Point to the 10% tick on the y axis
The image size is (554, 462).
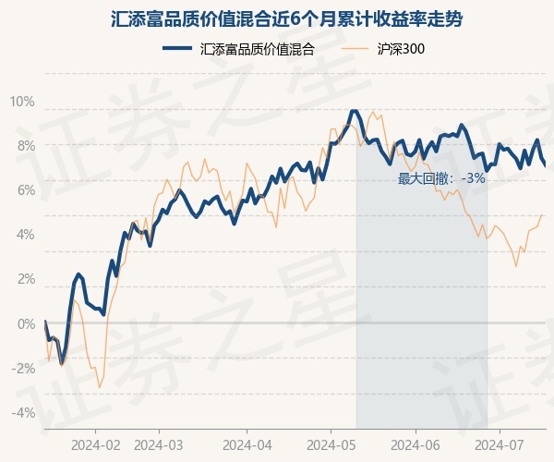22,101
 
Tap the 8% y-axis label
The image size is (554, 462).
25,145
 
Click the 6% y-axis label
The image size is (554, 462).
25,189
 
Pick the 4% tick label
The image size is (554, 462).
25,234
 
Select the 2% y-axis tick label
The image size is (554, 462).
25,278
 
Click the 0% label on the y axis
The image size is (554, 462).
25,323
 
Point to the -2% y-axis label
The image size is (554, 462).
23,368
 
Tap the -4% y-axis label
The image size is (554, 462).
23,412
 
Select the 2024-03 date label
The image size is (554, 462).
160,444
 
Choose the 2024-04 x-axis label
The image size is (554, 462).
247,444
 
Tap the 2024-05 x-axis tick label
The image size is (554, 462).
331,444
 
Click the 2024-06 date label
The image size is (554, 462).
415,444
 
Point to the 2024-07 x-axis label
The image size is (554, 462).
500,444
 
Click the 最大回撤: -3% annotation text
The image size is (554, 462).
441,178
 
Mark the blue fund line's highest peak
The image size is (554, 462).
353,111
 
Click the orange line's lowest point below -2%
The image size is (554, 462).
99,387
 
